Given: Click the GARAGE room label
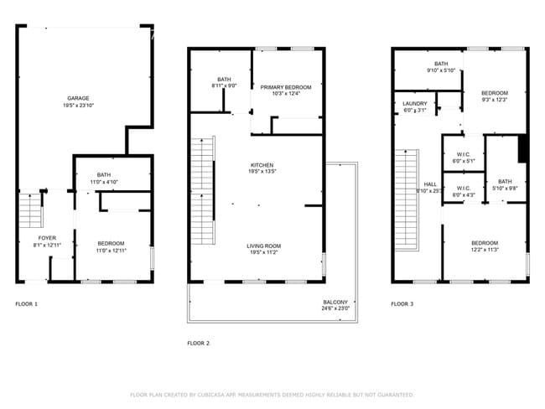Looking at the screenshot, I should click(78, 98).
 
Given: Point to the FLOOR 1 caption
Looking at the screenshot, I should click(26, 303).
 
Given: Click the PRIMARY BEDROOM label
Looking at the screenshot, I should click(285, 86).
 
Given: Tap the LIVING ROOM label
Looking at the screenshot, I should click(262, 246).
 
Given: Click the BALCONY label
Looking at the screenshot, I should click(336, 302).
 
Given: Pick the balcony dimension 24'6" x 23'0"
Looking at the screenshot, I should click(336, 309).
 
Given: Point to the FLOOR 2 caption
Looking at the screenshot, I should click(198, 343).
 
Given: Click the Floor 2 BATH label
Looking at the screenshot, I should click(224, 79).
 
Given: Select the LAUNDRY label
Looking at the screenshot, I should click(415, 103).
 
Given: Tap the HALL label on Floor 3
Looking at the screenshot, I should click(430, 184).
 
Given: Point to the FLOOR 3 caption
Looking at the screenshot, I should click(402, 303).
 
